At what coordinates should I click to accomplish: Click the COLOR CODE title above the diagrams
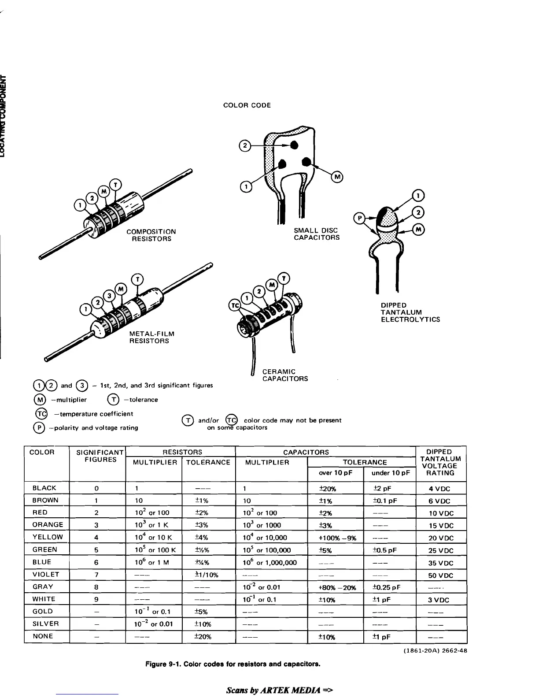click(x=247, y=105)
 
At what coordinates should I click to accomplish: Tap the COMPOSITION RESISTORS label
click(x=151, y=235)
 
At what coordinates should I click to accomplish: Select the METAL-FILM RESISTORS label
click(x=151, y=338)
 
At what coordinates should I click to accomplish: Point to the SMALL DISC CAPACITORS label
click(x=317, y=234)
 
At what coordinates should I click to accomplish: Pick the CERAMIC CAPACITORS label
click(x=285, y=375)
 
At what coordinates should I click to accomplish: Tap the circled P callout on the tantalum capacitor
click(x=360, y=218)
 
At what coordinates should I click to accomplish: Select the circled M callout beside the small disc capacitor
click(x=337, y=177)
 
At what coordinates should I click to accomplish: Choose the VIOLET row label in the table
click(x=45, y=575)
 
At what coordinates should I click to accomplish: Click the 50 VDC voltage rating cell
click(x=441, y=575)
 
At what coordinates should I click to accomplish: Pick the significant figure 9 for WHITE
click(x=96, y=599)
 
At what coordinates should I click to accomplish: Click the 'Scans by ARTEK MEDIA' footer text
click(x=279, y=690)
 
